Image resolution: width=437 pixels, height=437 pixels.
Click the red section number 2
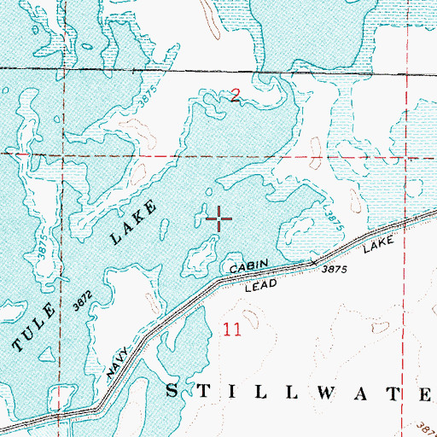236,98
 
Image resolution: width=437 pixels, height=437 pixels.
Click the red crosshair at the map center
219,219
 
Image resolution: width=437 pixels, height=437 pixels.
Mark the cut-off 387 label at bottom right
426,426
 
